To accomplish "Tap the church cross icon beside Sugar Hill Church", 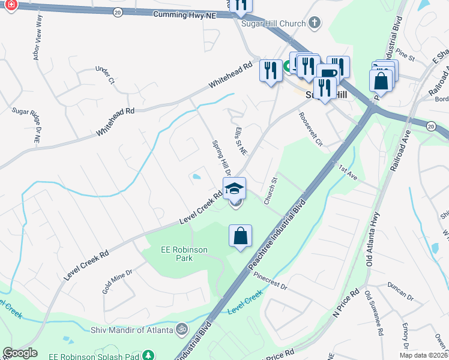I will (315, 23).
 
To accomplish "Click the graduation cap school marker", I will (234, 188).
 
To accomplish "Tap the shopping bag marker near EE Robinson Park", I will (240, 236).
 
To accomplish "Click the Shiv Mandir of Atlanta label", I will (131, 329).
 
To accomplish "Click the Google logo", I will (20, 353).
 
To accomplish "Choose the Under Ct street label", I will (104, 75).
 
